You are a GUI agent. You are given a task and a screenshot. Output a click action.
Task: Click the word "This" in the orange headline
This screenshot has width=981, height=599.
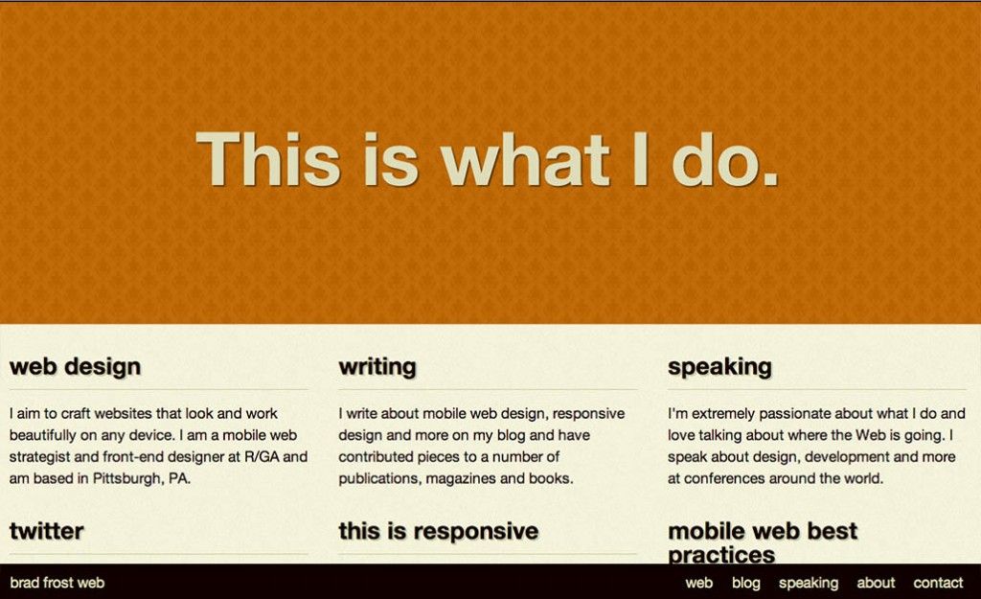268,159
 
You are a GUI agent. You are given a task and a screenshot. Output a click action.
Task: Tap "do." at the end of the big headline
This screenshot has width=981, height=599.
725,159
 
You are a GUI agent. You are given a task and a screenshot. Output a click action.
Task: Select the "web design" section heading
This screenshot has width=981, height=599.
75,367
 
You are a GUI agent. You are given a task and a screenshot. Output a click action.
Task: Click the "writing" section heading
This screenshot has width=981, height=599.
377,367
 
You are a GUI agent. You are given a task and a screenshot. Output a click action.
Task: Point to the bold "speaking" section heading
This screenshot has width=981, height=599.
719,367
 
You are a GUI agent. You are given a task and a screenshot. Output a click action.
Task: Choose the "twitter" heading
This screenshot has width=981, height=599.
46,531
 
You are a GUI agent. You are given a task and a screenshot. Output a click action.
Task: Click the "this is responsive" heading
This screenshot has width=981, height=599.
439,531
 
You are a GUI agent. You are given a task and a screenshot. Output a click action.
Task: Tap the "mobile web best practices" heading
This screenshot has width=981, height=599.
762,542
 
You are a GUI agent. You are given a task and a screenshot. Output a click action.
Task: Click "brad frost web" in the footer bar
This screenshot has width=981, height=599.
57,583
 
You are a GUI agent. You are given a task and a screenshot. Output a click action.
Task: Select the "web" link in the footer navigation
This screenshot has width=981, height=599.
698,583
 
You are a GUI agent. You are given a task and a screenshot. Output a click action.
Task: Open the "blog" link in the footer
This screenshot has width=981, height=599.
745,583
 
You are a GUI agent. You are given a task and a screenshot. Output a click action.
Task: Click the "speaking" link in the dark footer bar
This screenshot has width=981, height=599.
809,584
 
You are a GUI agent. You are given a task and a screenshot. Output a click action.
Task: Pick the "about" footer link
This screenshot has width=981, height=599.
876,583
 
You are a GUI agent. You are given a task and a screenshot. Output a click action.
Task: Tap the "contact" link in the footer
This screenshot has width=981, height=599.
938,583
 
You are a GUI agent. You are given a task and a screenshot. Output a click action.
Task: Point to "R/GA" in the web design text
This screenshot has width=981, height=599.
262,457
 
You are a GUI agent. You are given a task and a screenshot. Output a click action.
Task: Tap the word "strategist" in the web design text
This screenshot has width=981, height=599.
39,457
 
